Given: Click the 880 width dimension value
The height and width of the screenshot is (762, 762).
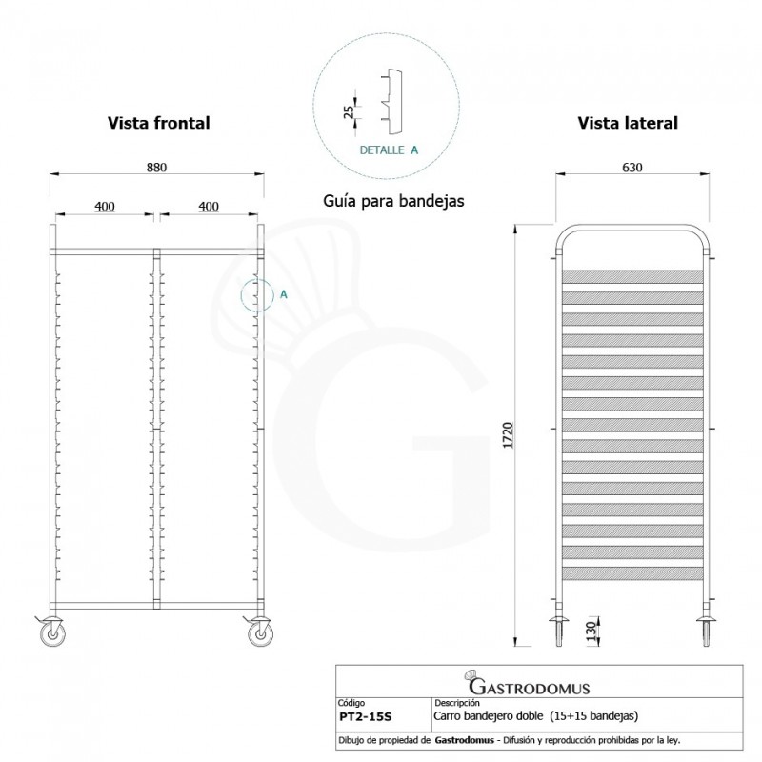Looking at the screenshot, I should point(156,167).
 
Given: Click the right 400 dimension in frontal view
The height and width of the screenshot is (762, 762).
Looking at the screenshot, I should point(209,206).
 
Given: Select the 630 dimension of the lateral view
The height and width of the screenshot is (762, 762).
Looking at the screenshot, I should point(632,167).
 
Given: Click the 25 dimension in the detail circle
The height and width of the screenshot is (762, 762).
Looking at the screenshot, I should point(350,111).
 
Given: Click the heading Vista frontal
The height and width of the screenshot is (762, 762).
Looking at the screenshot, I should point(158,123).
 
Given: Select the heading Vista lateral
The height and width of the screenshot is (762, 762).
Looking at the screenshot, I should point(627,123).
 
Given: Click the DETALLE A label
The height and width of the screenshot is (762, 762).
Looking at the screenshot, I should point(388,150).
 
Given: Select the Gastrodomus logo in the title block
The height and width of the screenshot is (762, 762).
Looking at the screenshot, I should point(528,686).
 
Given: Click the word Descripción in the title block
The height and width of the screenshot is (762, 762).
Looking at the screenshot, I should point(455,702).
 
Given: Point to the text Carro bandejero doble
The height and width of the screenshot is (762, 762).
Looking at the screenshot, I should point(489,714).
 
